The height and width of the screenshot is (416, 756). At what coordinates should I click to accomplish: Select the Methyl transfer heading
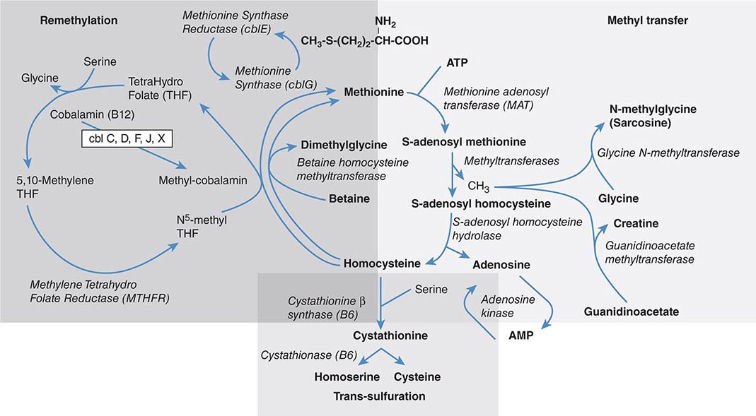point(647,21)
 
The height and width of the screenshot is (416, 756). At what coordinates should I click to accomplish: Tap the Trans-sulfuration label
point(379,396)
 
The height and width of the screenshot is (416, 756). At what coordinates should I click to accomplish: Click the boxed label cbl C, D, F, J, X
point(127,139)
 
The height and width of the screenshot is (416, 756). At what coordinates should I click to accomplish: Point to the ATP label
point(458,64)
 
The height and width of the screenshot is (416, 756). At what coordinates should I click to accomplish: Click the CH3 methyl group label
point(479,186)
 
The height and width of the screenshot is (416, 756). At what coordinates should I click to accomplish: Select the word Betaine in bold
point(349,198)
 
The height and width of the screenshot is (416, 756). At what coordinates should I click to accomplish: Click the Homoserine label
point(347,376)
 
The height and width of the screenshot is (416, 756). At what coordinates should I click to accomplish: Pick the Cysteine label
point(417,376)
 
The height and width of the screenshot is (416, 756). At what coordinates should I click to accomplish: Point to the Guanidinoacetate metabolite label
point(631,311)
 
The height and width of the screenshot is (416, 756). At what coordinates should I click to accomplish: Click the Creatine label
point(636,223)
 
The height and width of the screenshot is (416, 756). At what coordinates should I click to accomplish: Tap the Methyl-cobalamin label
point(203,180)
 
